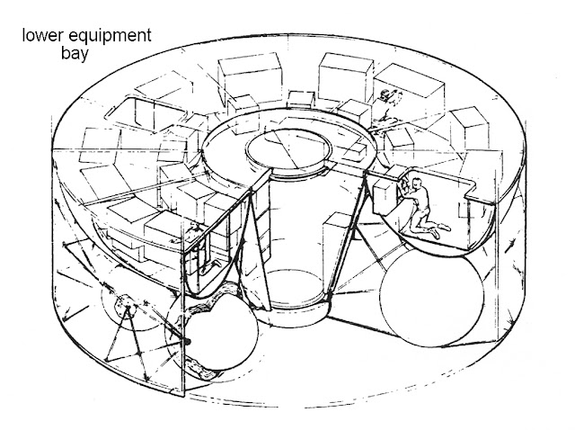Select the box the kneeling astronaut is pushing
point(386,192)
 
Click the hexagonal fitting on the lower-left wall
point(128,309)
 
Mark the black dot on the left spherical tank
point(190,342)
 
